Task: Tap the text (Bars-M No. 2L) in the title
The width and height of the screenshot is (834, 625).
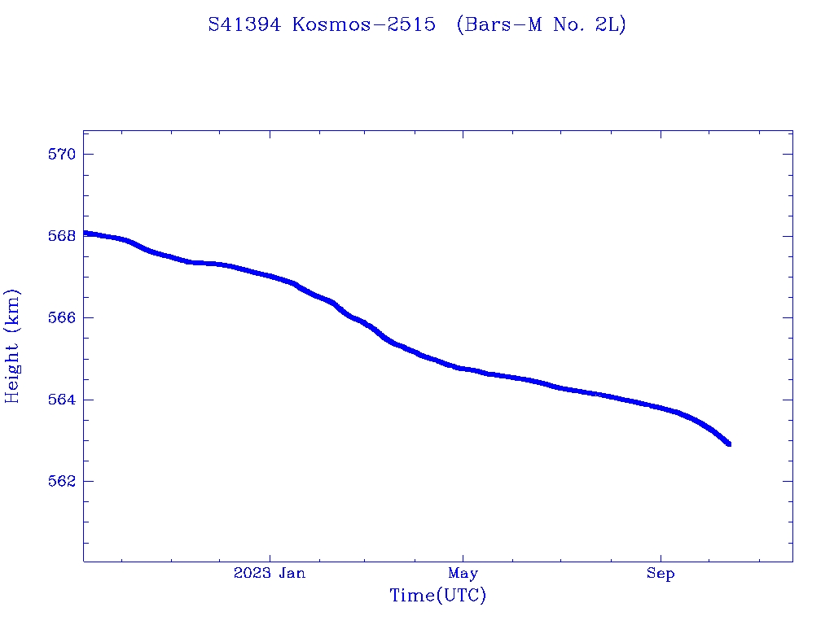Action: [x=541, y=25]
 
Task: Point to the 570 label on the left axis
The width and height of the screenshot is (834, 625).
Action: [x=62, y=155]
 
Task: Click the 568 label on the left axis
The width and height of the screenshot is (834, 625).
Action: [x=62, y=236]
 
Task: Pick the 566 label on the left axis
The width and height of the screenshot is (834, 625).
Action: [x=62, y=317]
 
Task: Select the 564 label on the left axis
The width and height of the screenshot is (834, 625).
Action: [x=62, y=400]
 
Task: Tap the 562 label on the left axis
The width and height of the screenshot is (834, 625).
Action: [x=62, y=481]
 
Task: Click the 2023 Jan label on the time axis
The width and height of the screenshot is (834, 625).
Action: [x=270, y=574]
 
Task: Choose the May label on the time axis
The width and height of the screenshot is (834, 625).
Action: [x=463, y=574]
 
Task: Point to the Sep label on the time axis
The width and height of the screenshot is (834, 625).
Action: [x=661, y=574]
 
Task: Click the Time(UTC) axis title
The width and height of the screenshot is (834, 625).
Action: [x=438, y=597]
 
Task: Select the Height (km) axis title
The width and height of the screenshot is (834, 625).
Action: [x=13, y=346]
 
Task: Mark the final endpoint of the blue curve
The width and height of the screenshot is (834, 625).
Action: [x=728, y=444]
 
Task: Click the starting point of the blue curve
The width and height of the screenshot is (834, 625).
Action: [x=85, y=234]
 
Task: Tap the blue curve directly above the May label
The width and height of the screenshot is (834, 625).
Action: [x=463, y=369]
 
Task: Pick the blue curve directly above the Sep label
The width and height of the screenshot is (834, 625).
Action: [x=661, y=408]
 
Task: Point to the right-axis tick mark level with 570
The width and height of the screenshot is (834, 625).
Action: [x=788, y=155]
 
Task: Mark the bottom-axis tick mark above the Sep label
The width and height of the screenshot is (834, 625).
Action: [x=661, y=557]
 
